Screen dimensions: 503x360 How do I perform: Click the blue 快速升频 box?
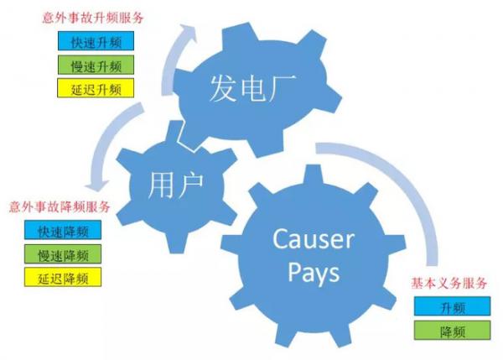(x=96, y=41)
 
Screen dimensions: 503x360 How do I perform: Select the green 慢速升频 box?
(x=96, y=65)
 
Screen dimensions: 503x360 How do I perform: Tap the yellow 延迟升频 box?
(x=96, y=88)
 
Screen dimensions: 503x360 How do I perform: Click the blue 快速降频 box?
(x=63, y=230)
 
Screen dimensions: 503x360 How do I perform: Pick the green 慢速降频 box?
(x=63, y=254)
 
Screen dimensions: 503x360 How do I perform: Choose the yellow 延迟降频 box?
(x=63, y=277)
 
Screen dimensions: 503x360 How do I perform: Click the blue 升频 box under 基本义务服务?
(x=453, y=306)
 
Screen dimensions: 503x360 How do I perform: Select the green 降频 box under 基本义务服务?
(x=453, y=330)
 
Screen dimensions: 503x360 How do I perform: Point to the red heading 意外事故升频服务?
(x=93, y=18)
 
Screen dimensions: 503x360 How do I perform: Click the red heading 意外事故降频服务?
(x=60, y=206)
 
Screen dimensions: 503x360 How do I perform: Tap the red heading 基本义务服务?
(x=449, y=283)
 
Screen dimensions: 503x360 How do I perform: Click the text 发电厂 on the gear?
(x=252, y=88)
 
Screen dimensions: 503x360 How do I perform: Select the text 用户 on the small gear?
(x=175, y=185)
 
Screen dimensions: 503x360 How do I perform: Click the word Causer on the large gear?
(x=314, y=239)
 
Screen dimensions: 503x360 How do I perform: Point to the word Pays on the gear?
(x=314, y=273)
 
